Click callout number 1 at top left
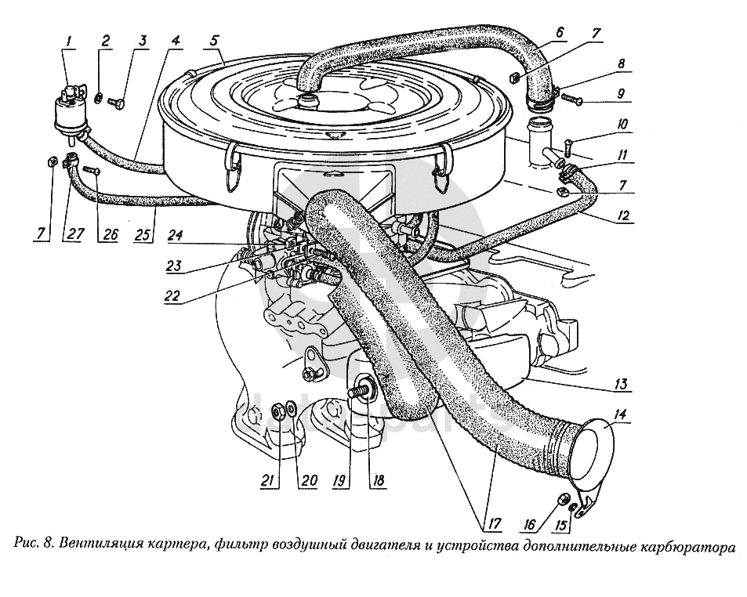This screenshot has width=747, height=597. [x=69, y=41]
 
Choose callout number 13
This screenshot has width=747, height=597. [x=621, y=384]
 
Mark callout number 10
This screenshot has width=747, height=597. [x=621, y=125]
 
